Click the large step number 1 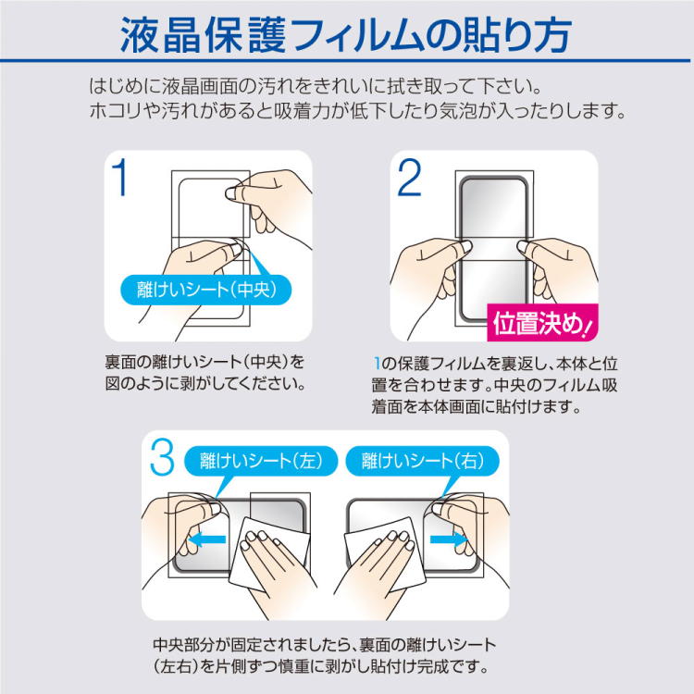120,177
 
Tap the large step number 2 409,177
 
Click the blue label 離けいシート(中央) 206,290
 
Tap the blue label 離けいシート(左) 261,461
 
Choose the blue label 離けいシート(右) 422,461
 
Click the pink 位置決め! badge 542,323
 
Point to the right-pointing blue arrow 449,539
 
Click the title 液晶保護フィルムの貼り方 346,35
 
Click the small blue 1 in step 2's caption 377,364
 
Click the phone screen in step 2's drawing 493,248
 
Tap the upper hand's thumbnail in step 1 231,193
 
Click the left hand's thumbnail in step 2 465,246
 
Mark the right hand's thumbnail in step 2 523,246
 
